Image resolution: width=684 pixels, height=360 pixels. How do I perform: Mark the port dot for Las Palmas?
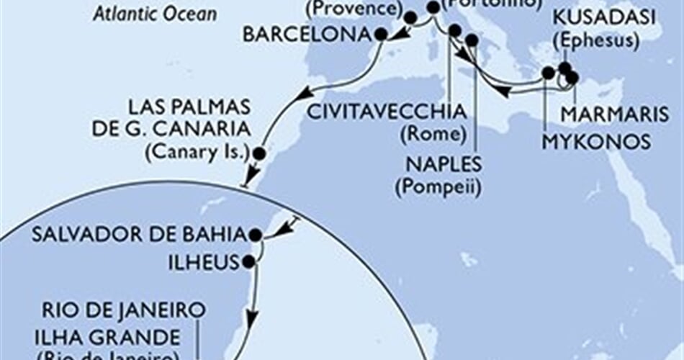pos(259,153)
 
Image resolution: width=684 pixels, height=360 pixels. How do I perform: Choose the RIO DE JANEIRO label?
pos(120,311)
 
